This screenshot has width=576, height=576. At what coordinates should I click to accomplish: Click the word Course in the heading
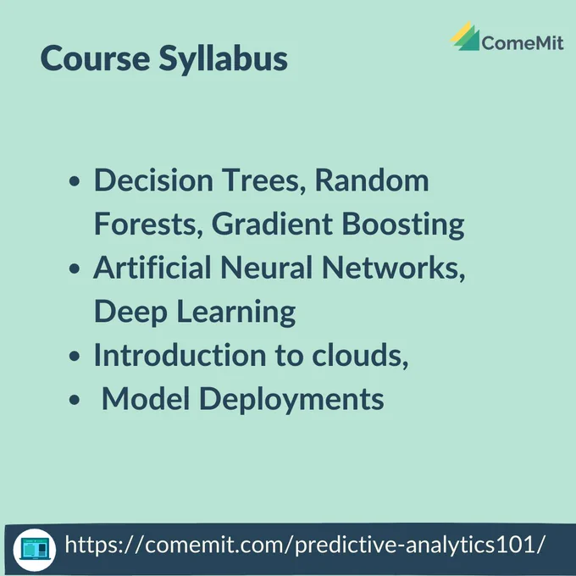point(95,58)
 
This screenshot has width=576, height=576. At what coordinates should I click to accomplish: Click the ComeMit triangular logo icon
point(465,36)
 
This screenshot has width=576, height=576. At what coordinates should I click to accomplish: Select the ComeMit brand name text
point(523,42)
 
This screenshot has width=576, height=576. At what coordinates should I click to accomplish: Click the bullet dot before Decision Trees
point(75,181)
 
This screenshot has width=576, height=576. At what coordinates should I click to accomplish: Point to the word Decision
point(153,180)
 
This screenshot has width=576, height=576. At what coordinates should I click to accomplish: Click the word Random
point(372,180)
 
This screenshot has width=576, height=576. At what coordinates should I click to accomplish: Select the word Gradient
point(272,224)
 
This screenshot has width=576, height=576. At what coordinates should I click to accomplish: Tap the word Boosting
point(403,224)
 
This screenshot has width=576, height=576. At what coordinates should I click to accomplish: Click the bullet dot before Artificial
point(75,269)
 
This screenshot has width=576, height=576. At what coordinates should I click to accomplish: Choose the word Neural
point(266,268)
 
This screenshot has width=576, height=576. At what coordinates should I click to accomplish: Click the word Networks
point(393,269)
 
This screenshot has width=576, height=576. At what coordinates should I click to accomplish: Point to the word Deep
point(130,313)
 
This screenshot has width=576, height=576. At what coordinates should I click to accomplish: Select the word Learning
point(236,313)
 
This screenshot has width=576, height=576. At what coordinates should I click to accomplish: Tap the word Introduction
point(180,355)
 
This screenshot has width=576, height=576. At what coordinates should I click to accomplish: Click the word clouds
point(360,356)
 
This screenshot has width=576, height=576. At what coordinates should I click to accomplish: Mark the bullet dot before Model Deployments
point(75,400)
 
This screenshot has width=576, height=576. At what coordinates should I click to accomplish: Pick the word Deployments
point(291,400)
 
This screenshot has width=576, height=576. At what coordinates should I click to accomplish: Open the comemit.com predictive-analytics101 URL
point(305,545)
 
